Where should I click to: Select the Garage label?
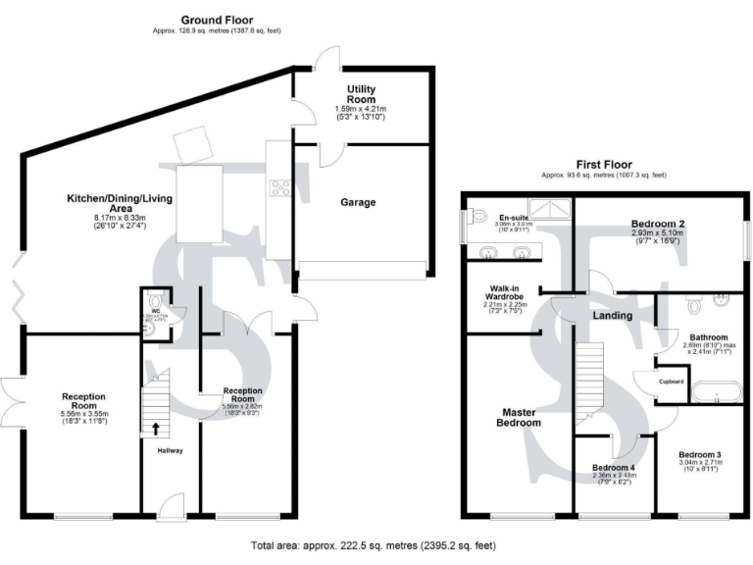tap(358, 202)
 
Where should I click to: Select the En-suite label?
tap(514, 218)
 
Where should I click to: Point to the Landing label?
tap(612, 316)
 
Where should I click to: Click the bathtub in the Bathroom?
tap(713, 394)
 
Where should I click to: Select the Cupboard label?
tap(671, 382)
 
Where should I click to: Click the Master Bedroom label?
tap(516, 417)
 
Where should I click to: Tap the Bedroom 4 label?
tap(614, 468)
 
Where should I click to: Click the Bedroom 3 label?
tap(699, 455)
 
